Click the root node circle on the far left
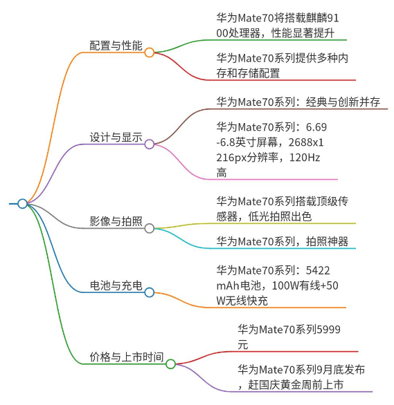coord(23,203)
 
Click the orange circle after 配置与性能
coord(150,53)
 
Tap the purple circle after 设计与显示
coord(150,144)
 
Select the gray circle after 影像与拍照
coord(150,228)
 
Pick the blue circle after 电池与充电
coord(150,292)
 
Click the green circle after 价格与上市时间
coord(171,364)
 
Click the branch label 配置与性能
coord(116,46)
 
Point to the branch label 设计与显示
coord(116,137)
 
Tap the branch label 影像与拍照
coord(116,221)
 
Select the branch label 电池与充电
coord(116,285)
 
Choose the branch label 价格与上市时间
coord(127,357)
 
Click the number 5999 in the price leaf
coord(328,330)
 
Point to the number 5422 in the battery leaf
coord(318,270)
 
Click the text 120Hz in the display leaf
coord(305,158)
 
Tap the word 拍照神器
coord(327,241)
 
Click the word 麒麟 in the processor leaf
coord(316,18)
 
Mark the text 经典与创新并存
coord(343,102)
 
